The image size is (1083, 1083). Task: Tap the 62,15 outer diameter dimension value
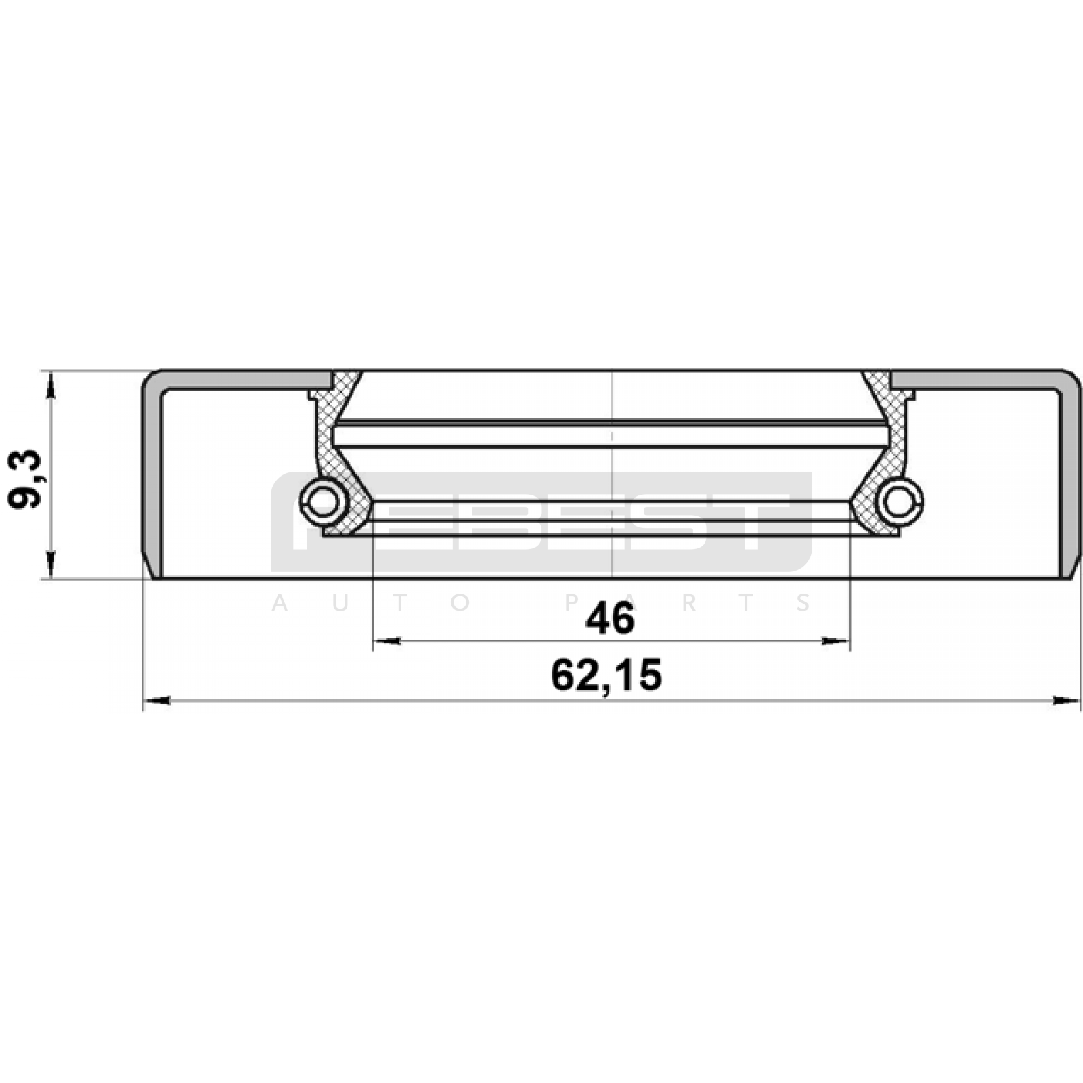(x=606, y=675)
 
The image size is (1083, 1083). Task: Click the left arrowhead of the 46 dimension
(x=387, y=640)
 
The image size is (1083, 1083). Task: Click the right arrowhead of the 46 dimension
(x=835, y=640)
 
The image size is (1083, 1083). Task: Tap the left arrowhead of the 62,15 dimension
(x=157, y=701)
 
